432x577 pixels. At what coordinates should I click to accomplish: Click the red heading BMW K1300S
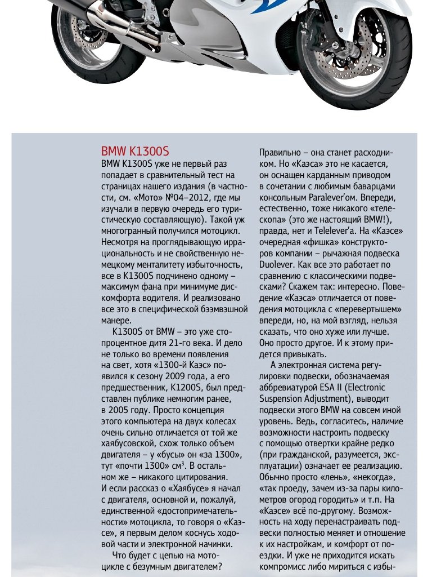click(135, 152)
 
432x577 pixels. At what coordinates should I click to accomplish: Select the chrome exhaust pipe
click(107, 20)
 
